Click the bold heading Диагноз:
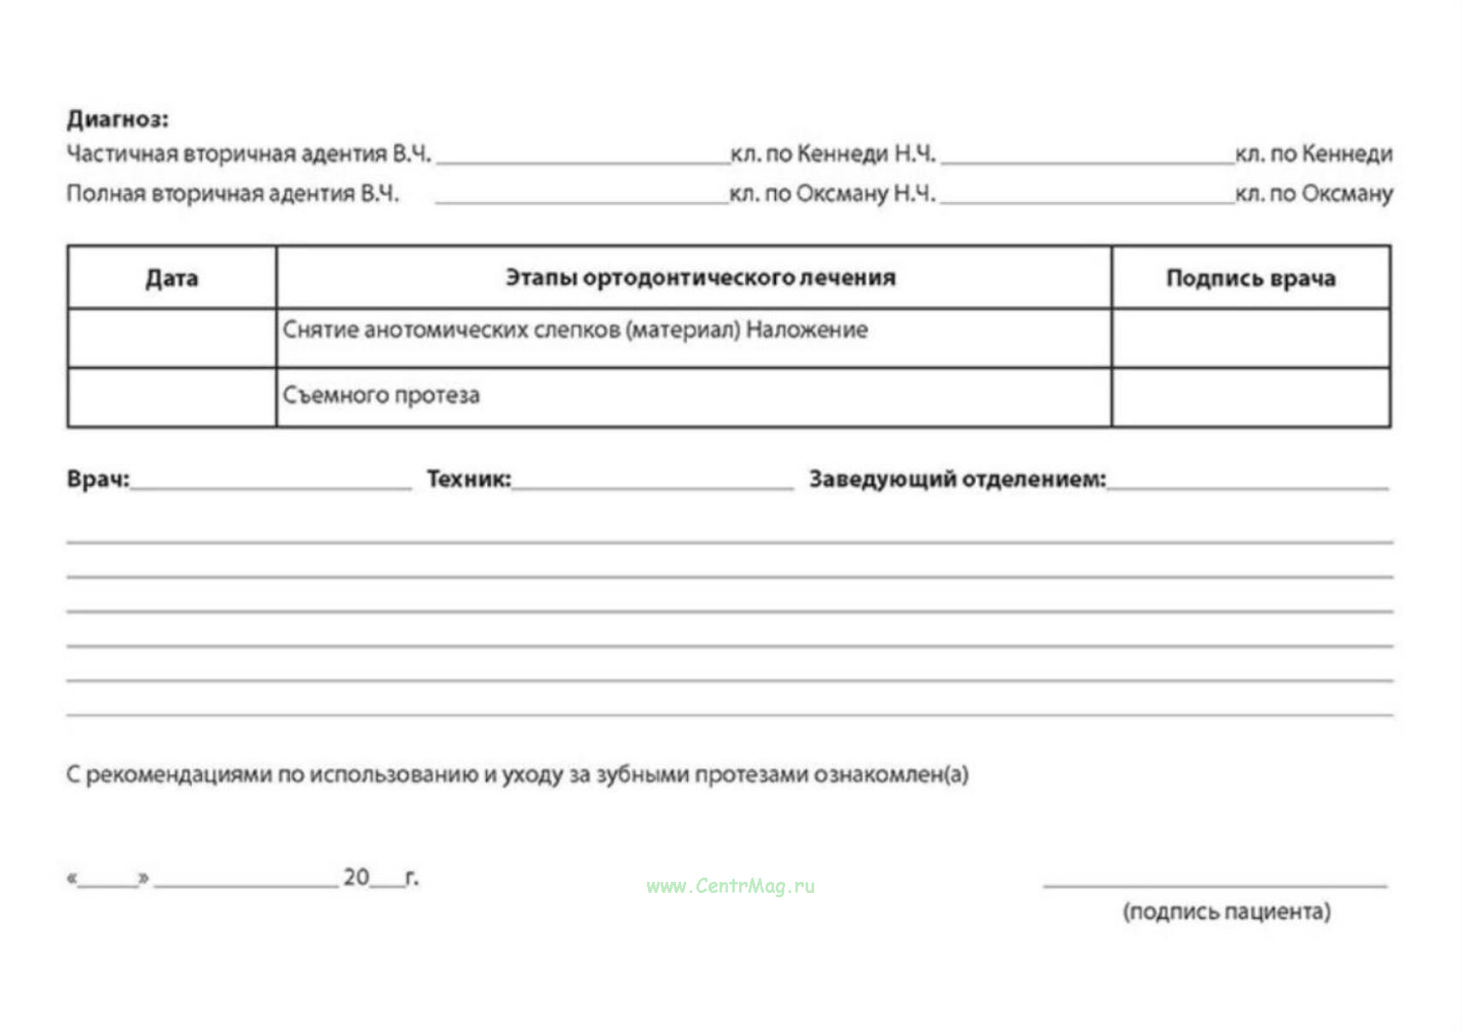pyautogui.click(x=118, y=119)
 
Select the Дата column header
pyautogui.click(x=171, y=279)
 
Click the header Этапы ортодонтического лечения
pyautogui.click(x=700, y=278)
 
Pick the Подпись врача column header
pyautogui.click(x=1250, y=279)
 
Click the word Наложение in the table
pyautogui.click(x=806, y=330)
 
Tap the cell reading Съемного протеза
pyautogui.click(x=381, y=395)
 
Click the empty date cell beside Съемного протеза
pyautogui.click(x=171, y=397)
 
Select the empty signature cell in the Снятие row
pyautogui.click(x=1250, y=338)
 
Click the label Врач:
pyautogui.click(x=98, y=479)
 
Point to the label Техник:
pyautogui.click(x=468, y=479)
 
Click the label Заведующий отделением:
pyautogui.click(x=956, y=479)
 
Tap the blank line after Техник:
pyautogui.click(x=652, y=483)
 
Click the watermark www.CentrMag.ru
pyautogui.click(x=731, y=886)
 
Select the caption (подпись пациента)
pyautogui.click(x=1226, y=912)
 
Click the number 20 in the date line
pyautogui.click(x=356, y=877)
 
